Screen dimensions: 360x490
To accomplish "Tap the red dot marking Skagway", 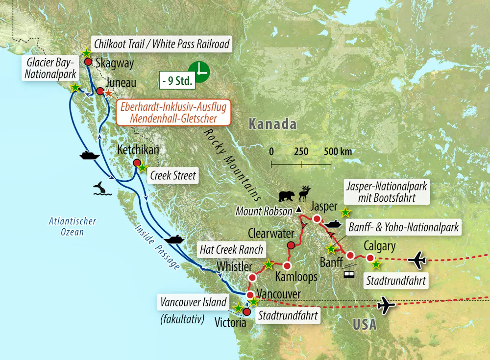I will (88, 62).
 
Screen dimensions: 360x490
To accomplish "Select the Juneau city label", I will (124, 83).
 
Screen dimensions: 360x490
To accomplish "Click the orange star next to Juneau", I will (108, 93).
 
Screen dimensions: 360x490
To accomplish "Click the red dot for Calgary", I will (370, 258).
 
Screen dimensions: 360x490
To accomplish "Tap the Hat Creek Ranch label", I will (231, 249).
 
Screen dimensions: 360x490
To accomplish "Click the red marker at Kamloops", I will (288, 266).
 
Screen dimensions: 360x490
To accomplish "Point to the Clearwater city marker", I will (291, 245).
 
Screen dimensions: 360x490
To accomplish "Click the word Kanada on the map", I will (272, 124).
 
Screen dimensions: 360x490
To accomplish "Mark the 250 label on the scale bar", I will (301, 151).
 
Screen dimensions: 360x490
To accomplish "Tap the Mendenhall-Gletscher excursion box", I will (167, 112).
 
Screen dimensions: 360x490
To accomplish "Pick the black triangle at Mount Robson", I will (298, 210).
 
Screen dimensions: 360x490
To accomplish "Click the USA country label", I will (364, 324).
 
